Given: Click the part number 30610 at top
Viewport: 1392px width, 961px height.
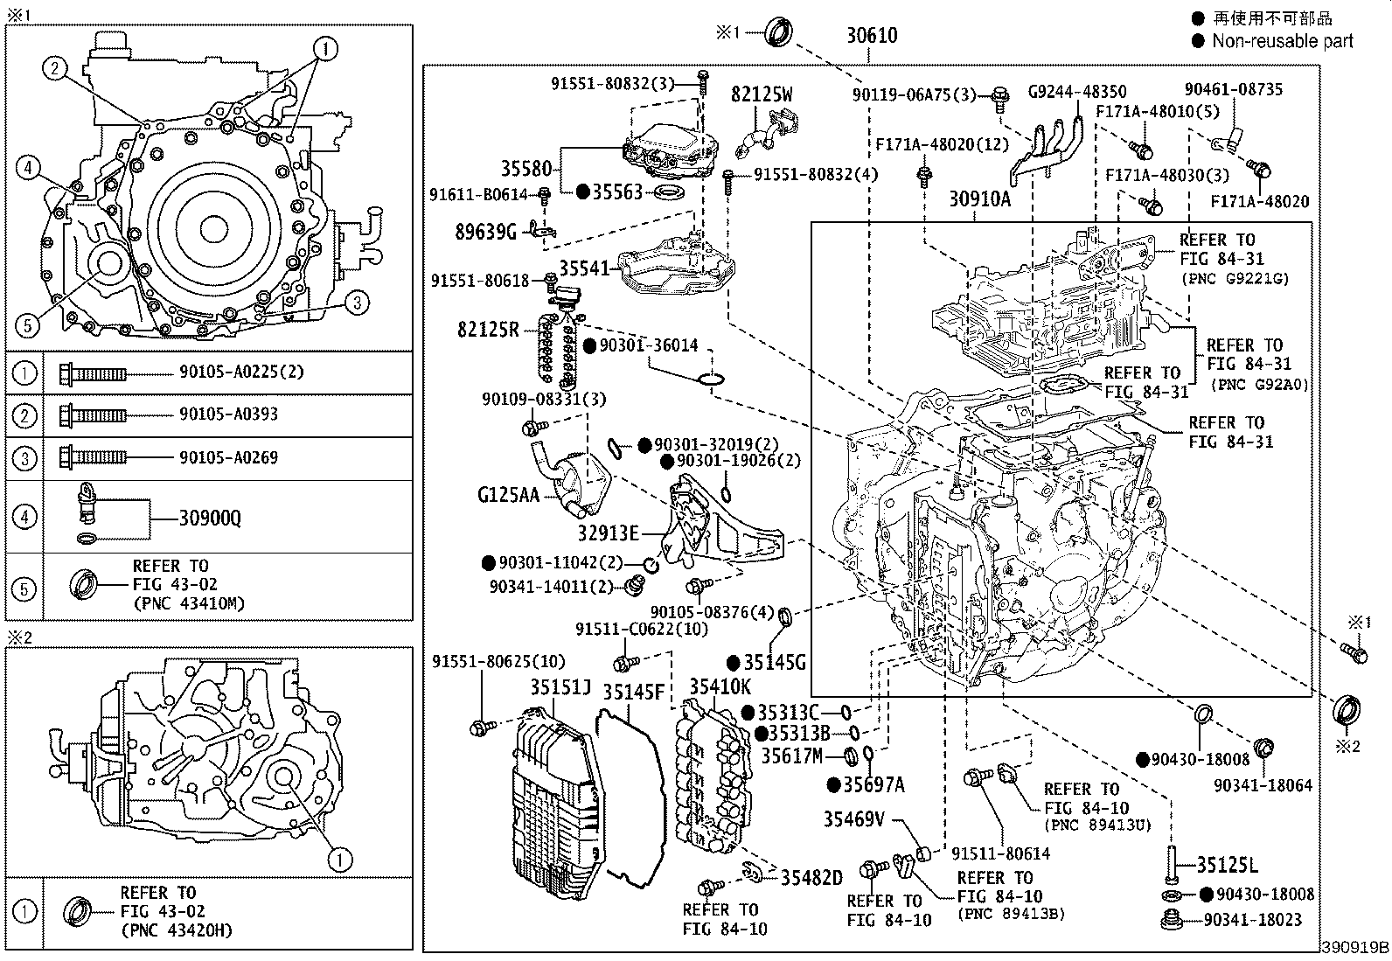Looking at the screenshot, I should point(871,36).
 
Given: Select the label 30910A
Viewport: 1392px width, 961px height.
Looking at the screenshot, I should point(979,199).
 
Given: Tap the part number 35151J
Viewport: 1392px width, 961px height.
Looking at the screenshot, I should point(560,688).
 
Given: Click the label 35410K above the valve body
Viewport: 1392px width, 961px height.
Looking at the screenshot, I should point(719,686).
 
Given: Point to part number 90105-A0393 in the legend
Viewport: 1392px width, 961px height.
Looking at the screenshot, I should point(228,414).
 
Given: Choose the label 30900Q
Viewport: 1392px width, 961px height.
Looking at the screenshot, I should point(210,519).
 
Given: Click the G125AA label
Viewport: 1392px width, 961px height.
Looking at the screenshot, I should point(508,496).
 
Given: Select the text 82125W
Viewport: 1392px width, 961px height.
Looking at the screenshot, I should point(762,95).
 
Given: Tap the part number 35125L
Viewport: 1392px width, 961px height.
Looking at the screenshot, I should point(1226,866).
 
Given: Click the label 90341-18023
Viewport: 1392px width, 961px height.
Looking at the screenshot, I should point(1252,920).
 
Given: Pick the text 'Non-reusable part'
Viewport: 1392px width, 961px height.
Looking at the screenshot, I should point(1282,41).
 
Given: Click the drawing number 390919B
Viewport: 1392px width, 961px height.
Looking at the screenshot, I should point(1354,948).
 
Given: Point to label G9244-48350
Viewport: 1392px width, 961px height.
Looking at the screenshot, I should point(1076,91).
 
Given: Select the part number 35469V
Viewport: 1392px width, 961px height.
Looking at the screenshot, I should point(853,820).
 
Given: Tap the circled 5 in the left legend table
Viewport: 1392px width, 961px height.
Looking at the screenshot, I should point(25,588).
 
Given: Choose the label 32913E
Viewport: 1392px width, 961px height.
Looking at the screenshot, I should point(608,533).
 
